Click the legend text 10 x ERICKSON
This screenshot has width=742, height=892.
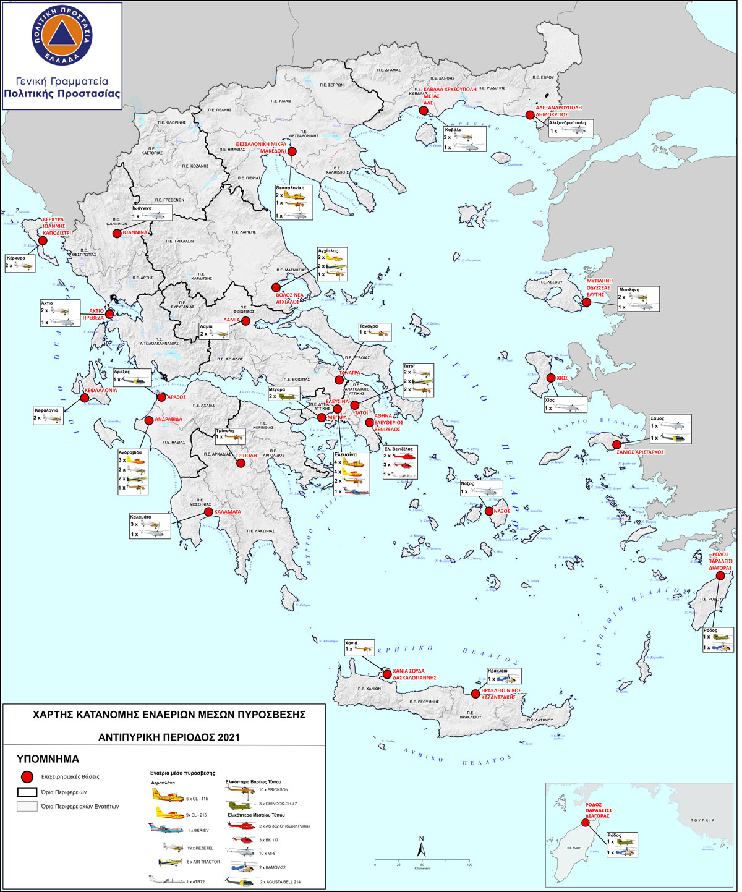tap(273, 789)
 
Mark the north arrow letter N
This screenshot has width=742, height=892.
tap(421, 838)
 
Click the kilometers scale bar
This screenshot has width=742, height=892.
tap(422, 860)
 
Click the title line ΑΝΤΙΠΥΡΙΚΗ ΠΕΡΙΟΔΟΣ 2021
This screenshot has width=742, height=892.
tap(169, 737)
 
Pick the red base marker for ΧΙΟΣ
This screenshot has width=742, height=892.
tap(552, 378)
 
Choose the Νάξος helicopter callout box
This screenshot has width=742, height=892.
tap(481, 488)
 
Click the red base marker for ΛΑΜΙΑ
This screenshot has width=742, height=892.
tap(245, 321)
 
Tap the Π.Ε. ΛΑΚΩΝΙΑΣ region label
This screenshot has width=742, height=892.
tap(260, 531)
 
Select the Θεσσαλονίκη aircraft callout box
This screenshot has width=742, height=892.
tap(294, 202)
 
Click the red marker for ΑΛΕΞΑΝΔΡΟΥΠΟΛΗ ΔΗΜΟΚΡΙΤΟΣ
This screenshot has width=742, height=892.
tap(530, 115)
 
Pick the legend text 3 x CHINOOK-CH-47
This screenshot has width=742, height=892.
tap(278, 804)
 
